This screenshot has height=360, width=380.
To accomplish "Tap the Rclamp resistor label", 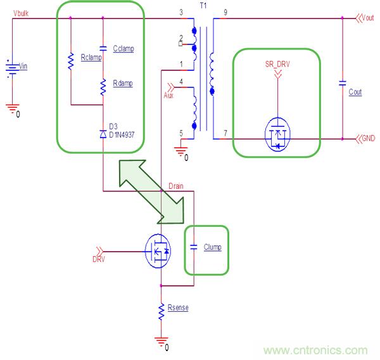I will (92, 56).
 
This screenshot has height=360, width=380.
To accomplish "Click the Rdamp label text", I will (123, 84).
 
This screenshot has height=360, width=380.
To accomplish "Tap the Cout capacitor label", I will (355, 92).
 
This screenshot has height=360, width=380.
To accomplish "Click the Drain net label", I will (176, 185).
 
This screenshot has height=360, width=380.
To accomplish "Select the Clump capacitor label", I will (213, 247).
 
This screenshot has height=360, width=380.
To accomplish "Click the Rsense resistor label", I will (178, 308).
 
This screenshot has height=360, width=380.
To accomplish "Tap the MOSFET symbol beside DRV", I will (158, 250).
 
